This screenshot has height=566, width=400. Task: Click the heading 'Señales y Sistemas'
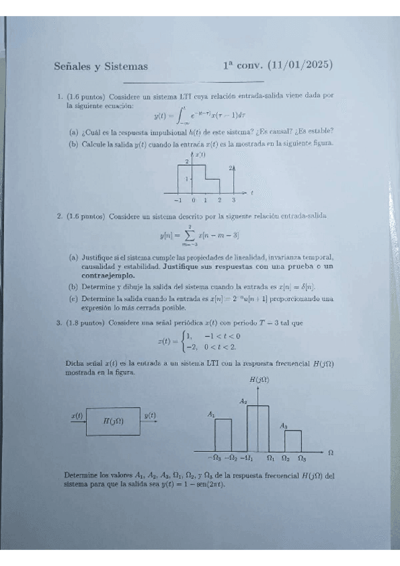tap(100, 66)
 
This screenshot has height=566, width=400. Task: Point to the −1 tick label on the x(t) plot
tap(177, 200)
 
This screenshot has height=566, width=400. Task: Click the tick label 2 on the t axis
tap(220, 200)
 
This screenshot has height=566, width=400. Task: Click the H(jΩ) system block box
tap(112, 421)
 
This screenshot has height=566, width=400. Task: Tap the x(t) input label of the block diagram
tap(77, 416)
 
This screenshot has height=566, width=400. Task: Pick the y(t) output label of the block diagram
tap(150, 416)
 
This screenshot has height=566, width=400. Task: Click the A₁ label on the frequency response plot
tap(211, 414)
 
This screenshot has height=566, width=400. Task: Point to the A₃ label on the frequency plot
tap(284, 425)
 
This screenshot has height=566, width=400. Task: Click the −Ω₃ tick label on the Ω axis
tap(214, 458)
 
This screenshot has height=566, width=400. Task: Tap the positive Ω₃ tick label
tap(301, 458)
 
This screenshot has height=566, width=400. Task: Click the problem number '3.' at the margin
tap(59, 322)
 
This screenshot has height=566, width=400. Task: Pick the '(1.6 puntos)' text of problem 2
tap(85, 216)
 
